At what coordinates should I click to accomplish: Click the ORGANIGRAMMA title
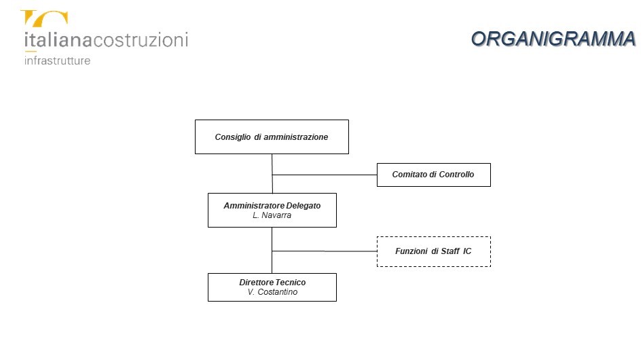[x=553, y=39]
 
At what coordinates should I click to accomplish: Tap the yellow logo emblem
[x=44, y=19]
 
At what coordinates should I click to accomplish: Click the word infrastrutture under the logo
[x=58, y=60]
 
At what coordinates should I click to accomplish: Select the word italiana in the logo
[x=58, y=40]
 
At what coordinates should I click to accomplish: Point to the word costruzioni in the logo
[x=141, y=40]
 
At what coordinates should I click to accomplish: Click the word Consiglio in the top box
[x=232, y=137]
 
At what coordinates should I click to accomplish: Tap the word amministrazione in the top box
[x=295, y=137]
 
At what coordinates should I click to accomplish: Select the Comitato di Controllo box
[x=433, y=175]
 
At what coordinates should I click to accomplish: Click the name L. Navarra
[x=272, y=215]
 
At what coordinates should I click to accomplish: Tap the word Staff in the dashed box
[x=450, y=251]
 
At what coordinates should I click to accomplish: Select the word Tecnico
[x=289, y=282]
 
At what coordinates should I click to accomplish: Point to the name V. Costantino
[x=272, y=292]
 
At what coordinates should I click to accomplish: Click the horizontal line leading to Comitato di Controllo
[x=325, y=175]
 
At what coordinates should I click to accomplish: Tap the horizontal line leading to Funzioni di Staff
[x=325, y=251]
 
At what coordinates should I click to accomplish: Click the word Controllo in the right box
[x=456, y=175]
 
